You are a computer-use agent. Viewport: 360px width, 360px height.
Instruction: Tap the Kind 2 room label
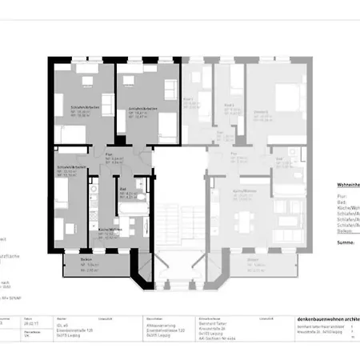coord(229,105)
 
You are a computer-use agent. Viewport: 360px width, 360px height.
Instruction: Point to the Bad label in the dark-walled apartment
coord(122,189)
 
